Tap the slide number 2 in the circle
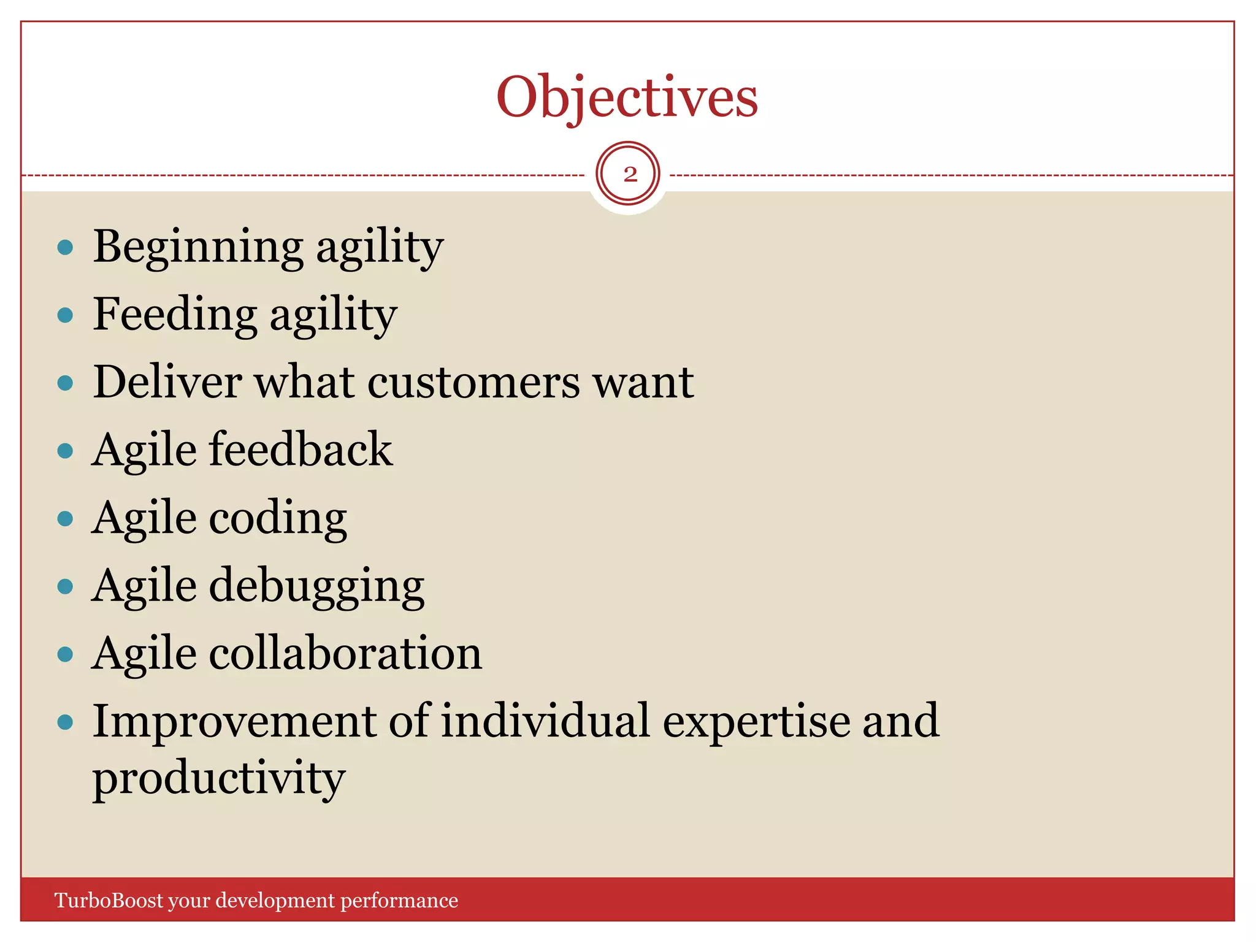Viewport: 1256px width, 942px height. click(629, 174)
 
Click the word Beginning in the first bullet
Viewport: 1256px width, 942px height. click(197, 247)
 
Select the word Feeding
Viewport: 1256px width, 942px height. click(175, 314)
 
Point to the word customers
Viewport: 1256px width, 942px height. click(473, 382)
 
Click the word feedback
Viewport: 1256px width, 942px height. click(301, 450)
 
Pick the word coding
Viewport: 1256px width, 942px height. click(278, 518)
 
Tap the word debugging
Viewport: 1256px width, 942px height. click(316, 586)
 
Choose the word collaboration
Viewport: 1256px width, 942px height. click(345, 653)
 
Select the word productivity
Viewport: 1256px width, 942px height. click(219, 778)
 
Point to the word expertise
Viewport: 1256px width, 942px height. click(756, 722)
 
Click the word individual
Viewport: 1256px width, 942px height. click(545, 721)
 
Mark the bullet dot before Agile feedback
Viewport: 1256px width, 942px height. click(65, 451)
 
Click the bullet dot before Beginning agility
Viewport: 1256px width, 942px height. click(65, 248)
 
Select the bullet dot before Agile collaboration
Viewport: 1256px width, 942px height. click(65, 654)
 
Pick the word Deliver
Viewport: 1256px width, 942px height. click(167, 382)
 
